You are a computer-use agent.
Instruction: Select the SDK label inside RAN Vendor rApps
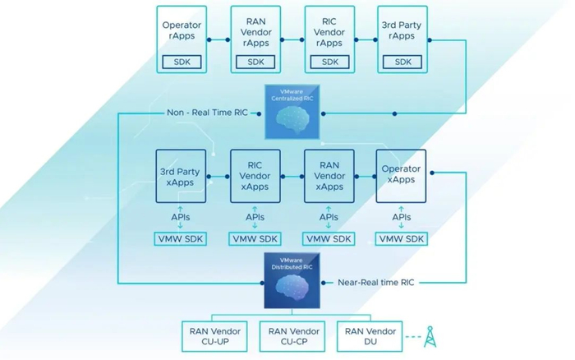pyautogui.click(x=255, y=62)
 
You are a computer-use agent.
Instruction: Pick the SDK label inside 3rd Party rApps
pyautogui.click(x=402, y=62)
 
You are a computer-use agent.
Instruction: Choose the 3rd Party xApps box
pyautogui.click(x=182, y=176)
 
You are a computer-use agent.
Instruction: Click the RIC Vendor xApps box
pyautogui.click(x=255, y=176)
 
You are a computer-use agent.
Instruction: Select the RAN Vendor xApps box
pyautogui.click(x=329, y=176)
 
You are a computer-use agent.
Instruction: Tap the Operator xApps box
pyautogui.click(x=401, y=176)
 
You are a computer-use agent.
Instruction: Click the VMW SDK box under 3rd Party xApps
pyautogui.click(x=181, y=239)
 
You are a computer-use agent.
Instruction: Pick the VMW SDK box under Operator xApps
pyautogui.click(x=401, y=239)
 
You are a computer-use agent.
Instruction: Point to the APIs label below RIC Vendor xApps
pyautogui.click(x=255, y=217)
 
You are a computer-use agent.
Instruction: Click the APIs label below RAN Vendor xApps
pyautogui.click(x=329, y=217)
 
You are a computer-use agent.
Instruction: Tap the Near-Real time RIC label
pyautogui.click(x=376, y=282)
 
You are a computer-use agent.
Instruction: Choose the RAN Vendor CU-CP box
pyautogui.click(x=292, y=336)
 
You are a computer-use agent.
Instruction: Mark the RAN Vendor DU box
pyautogui.click(x=370, y=336)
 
